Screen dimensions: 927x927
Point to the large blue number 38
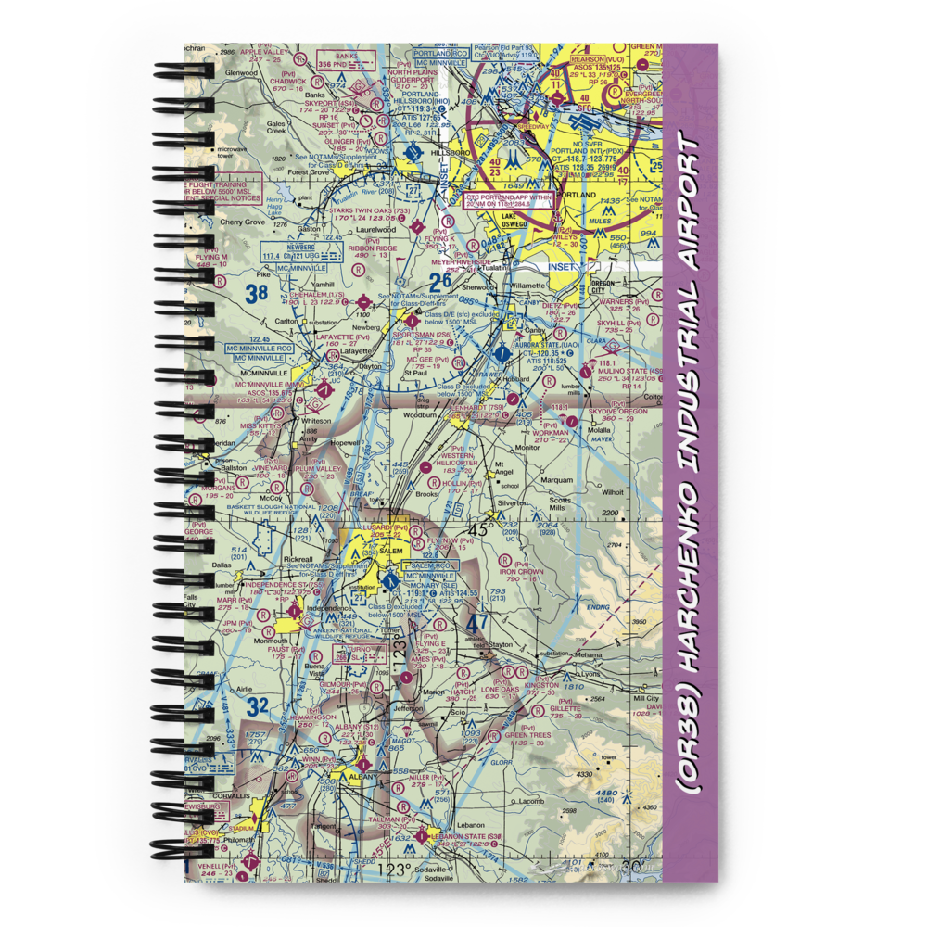pyautogui.click(x=257, y=296)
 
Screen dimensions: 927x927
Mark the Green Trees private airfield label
pyautogui.click(x=527, y=735)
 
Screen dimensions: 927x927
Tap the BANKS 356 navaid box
pyautogui.click(x=337, y=60)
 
